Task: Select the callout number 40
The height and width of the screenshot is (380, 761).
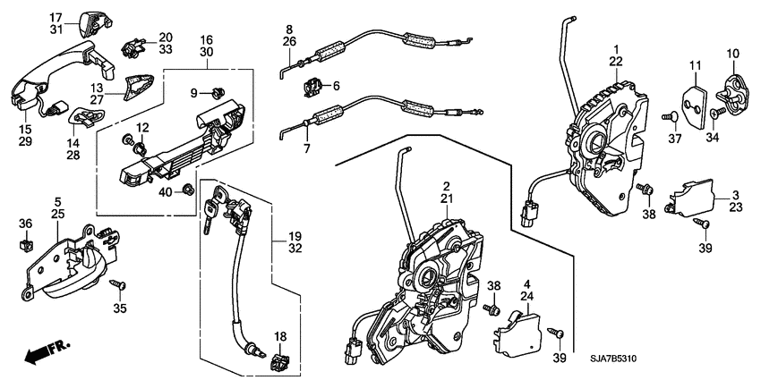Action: tap(166, 191)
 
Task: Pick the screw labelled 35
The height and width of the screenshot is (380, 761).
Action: tap(115, 284)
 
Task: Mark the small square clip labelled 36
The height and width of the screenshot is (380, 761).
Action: tap(26, 244)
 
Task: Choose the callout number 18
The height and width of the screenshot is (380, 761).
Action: tap(280, 336)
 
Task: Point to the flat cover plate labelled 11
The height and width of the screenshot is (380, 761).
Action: tap(694, 96)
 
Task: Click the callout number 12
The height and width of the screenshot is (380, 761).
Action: tap(141, 128)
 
